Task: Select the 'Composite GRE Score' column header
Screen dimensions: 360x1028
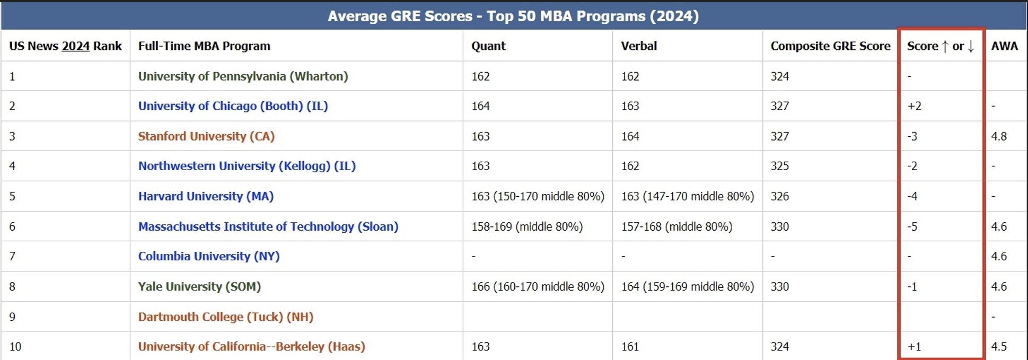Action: [x=830, y=46]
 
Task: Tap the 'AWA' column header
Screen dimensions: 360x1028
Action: [x=1004, y=46]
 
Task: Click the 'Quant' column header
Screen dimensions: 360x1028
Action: [x=488, y=46]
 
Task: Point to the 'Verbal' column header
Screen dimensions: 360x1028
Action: [x=639, y=46]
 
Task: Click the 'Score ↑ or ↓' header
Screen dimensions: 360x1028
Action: [x=941, y=46]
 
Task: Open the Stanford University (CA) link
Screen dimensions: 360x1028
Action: [x=206, y=136]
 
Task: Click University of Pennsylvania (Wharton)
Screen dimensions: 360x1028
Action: [x=243, y=76]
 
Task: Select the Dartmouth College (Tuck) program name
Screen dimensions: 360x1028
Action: [x=225, y=317]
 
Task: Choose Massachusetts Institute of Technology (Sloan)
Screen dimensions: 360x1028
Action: [x=268, y=227]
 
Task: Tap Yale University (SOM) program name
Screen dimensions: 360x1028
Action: [x=199, y=287]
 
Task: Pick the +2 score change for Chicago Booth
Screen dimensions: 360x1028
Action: [x=914, y=106]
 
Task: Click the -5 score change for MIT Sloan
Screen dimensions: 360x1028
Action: [x=912, y=227]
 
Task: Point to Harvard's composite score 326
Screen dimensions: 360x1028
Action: [x=779, y=197]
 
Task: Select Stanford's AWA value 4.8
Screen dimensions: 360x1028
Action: [x=999, y=136]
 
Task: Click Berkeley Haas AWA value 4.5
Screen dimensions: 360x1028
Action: [x=999, y=347]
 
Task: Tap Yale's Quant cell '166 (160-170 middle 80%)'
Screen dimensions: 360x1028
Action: [x=538, y=287]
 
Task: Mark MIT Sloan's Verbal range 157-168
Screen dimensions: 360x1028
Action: [x=676, y=227]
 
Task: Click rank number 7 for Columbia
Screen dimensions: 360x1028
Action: [x=12, y=257]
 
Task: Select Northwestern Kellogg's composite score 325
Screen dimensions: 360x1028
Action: [x=779, y=166]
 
